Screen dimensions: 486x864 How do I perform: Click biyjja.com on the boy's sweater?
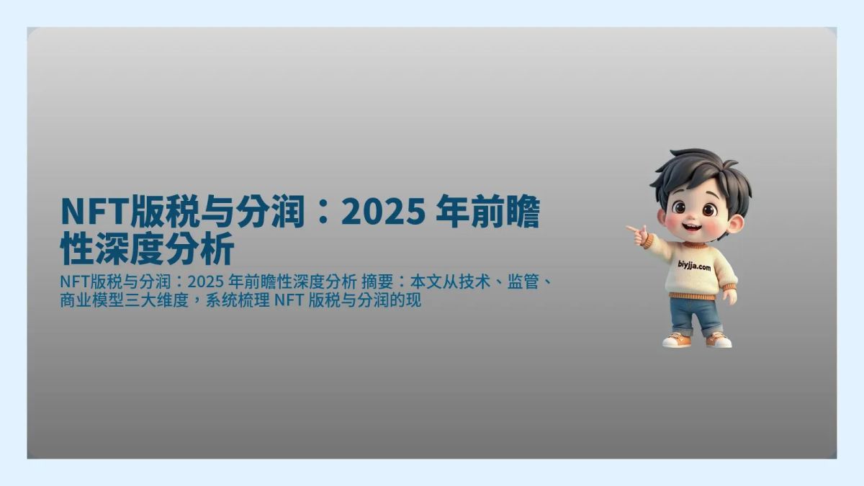[694, 267]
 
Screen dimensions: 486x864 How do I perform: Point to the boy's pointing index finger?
[632, 230]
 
